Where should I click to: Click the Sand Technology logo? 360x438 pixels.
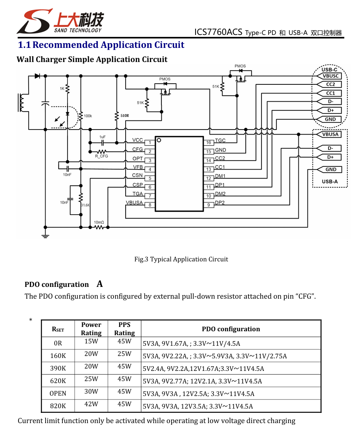pos(60,21)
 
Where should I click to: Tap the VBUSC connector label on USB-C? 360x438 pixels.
pos(329,76)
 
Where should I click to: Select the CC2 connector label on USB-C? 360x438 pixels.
pos(329,84)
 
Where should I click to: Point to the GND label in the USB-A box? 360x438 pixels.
pos(329,170)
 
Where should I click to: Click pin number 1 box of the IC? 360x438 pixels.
pos(150,143)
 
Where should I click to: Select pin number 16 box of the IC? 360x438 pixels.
pos(208,142)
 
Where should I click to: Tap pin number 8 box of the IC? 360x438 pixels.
pos(150,205)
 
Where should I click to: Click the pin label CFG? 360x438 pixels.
pos(137,150)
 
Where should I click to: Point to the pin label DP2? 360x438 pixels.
pos(220,203)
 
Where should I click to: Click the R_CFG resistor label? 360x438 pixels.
pos(101,156)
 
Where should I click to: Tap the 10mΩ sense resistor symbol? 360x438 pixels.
pos(99,227)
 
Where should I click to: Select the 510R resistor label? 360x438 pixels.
pos(125,116)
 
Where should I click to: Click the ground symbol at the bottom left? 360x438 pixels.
pos(45,235)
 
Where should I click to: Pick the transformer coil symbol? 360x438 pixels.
pos(21,103)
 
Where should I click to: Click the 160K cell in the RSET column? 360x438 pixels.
pos(58,356)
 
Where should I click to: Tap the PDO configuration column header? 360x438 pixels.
pos(231,329)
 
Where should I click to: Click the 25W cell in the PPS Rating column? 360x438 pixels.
pos(124,354)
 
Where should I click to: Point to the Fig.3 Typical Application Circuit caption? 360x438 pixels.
pos(181,259)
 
